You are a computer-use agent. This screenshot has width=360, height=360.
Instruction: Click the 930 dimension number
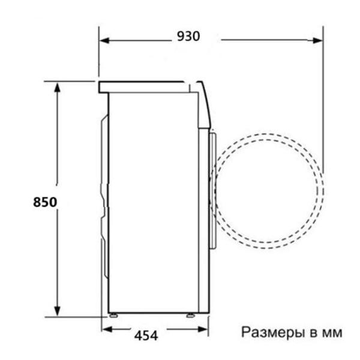188,36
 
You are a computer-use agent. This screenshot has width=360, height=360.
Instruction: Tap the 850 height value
45,202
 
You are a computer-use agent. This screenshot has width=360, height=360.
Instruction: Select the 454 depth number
146,335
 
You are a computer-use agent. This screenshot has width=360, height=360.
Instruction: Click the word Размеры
273,333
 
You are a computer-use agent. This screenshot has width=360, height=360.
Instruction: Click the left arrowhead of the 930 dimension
104,41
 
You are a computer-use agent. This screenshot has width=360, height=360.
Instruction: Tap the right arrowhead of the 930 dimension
318,41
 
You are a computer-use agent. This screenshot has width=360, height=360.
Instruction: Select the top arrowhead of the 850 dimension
57,88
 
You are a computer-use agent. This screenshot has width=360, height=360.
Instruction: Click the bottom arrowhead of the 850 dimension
57,311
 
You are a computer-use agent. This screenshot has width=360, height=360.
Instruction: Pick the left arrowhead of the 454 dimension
107,329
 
